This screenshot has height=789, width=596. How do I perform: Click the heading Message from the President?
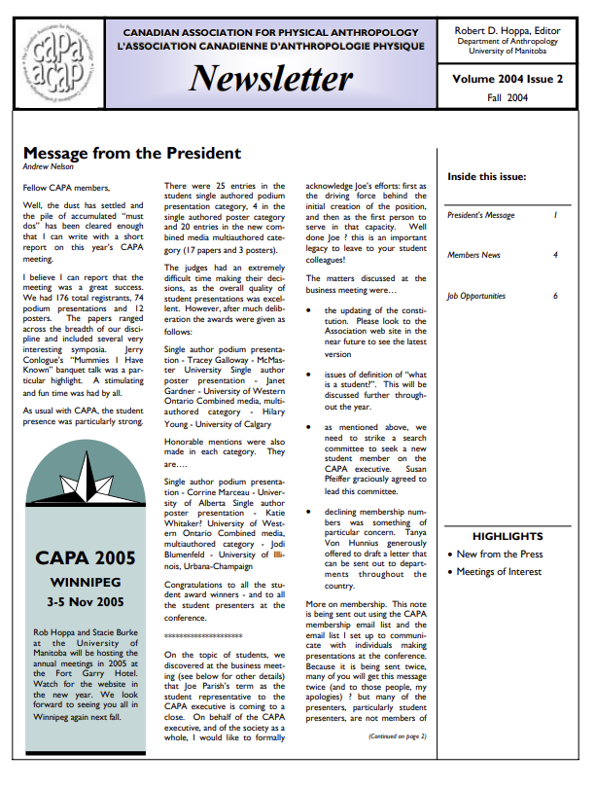(x=131, y=153)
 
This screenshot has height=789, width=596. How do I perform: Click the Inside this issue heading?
(x=486, y=176)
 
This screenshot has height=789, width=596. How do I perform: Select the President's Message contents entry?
(x=480, y=215)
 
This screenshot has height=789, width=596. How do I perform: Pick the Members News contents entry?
(x=473, y=255)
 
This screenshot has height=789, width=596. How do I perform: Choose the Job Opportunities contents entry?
(x=476, y=296)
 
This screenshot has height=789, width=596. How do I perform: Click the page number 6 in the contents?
(x=555, y=296)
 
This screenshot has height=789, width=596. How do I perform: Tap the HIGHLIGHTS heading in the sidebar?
(x=507, y=536)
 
